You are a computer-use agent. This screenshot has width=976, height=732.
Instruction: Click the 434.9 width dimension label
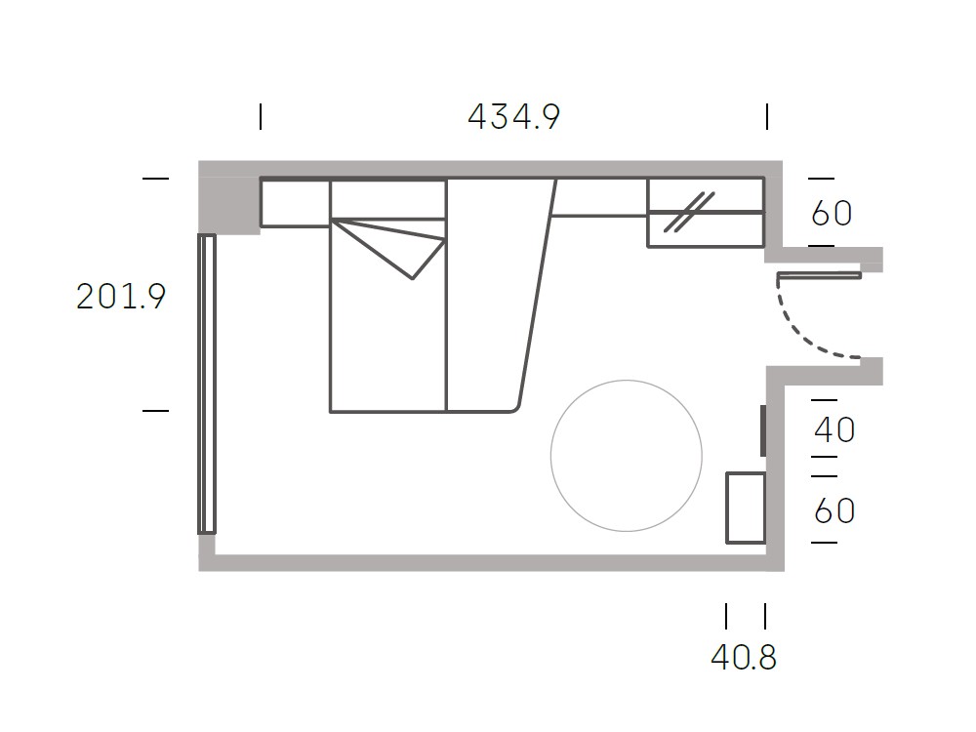point(513,116)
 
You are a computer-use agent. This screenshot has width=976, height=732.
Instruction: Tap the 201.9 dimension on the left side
point(121,297)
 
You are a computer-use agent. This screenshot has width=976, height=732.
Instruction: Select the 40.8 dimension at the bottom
point(744,657)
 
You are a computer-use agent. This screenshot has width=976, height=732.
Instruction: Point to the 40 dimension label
point(834,429)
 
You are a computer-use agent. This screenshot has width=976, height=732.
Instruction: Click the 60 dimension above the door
point(832,214)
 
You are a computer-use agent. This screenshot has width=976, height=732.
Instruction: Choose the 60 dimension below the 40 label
point(834,510)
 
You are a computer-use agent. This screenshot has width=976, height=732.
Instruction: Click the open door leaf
point(819,275)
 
